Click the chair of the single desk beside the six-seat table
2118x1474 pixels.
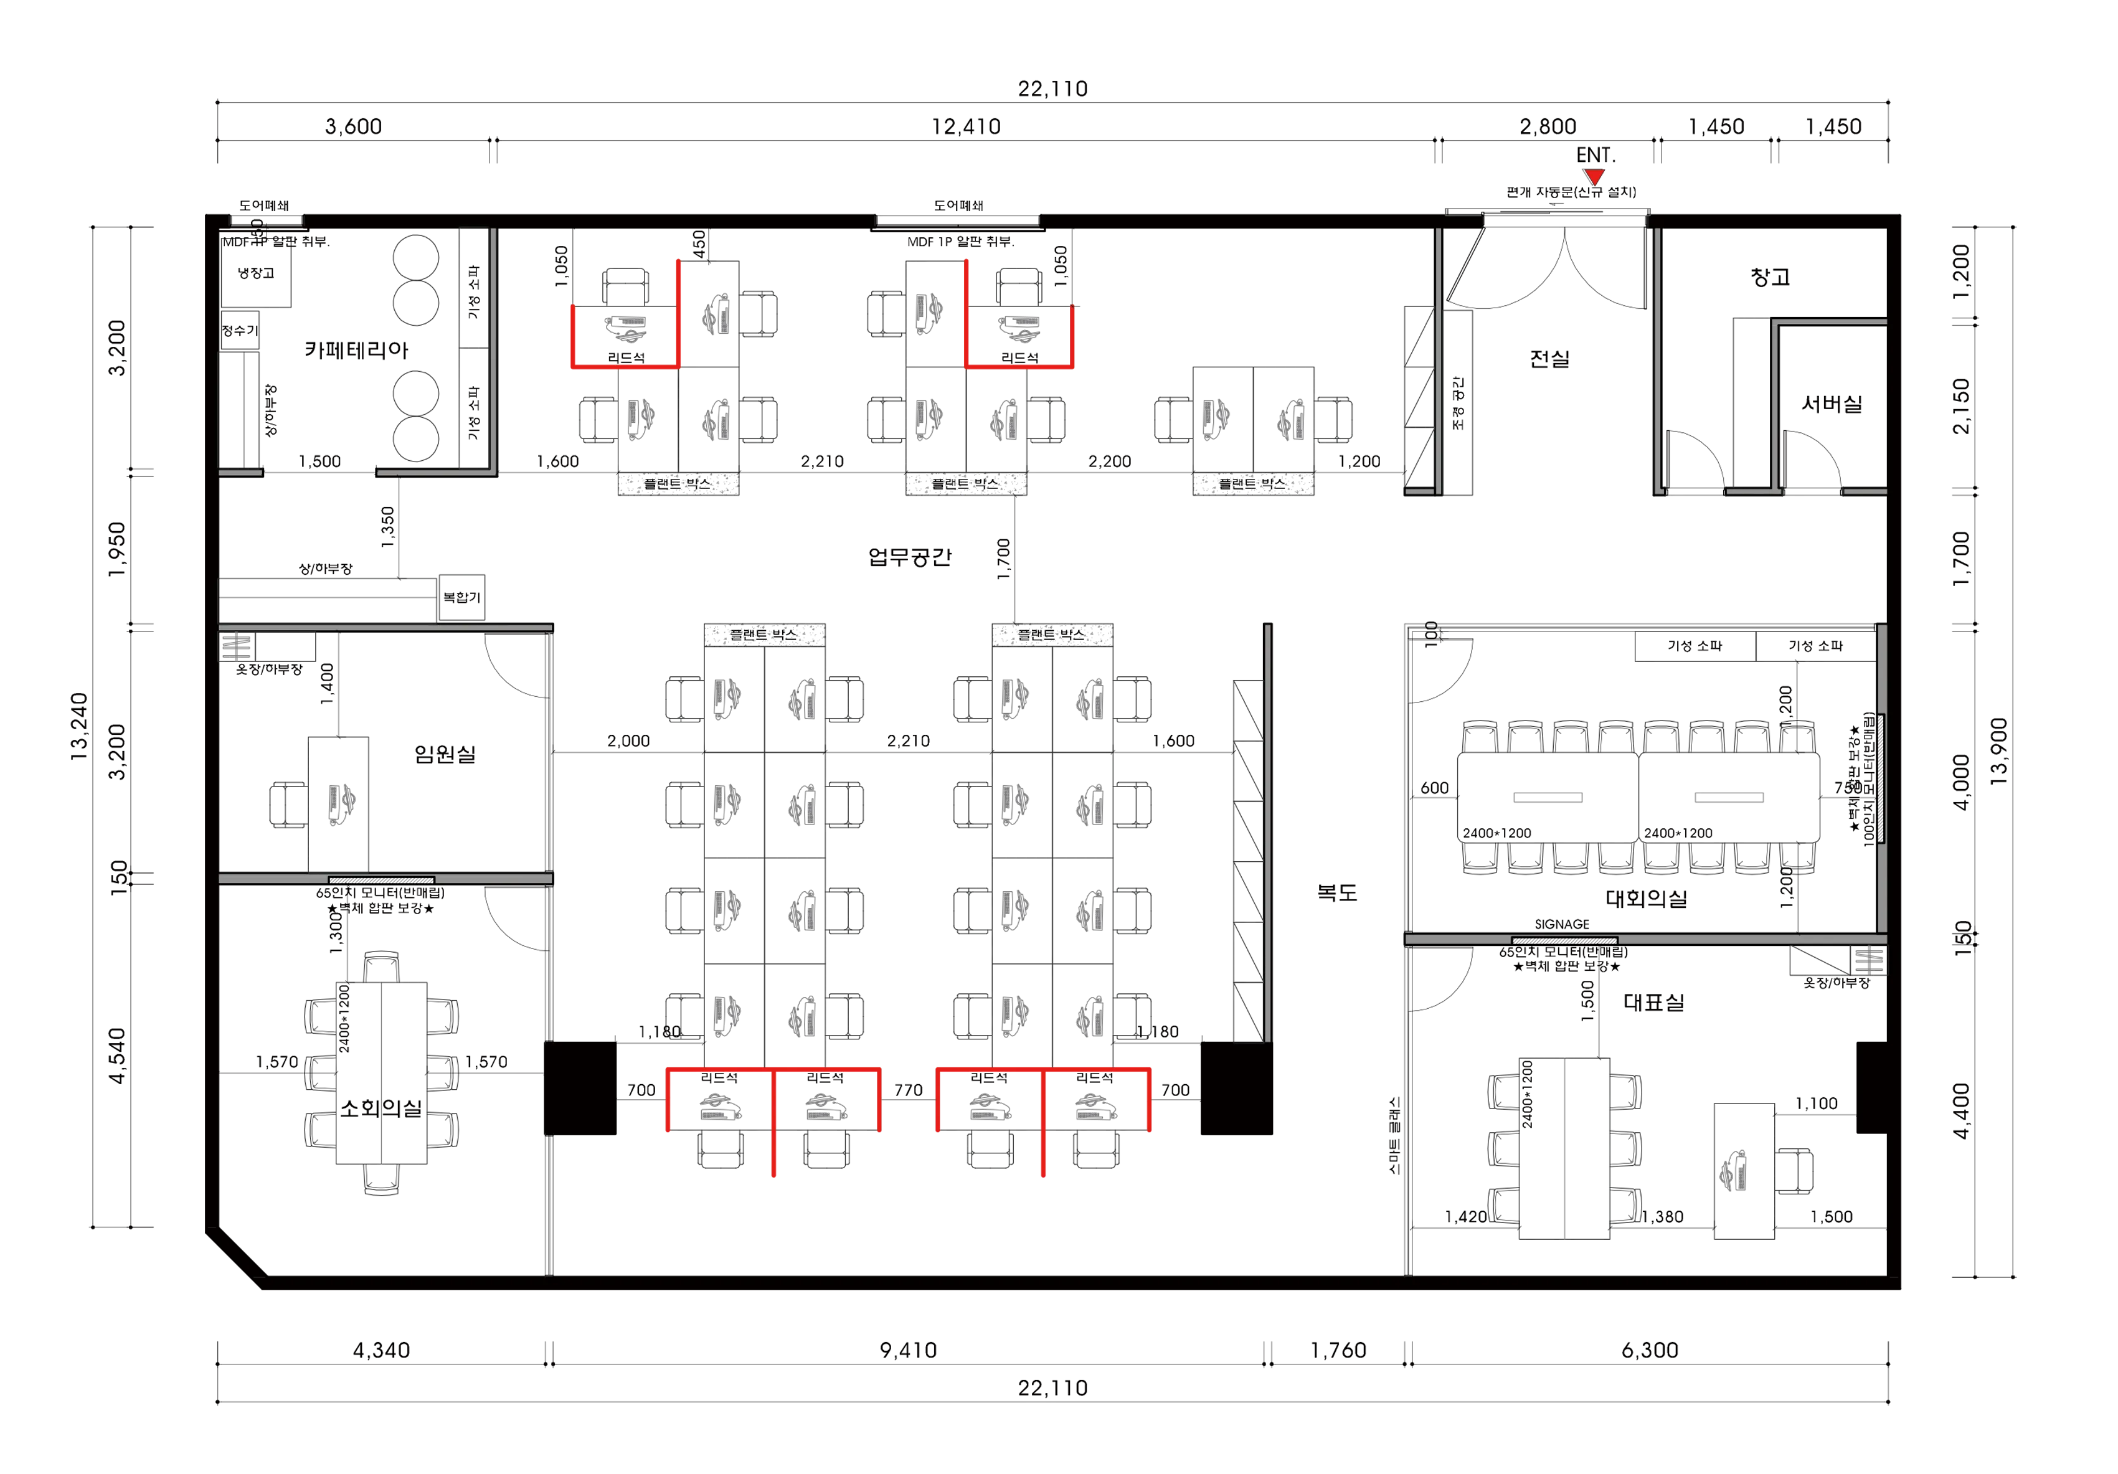pyautogui.click(x=1797, y=1169)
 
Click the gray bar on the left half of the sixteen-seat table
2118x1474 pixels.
pyautogui.click(x=1546, y=800)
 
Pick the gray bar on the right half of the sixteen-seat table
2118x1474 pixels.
pyautogui.click(x=1731, y=800)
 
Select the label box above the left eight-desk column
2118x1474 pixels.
pyautogui.click(x=764, y=635)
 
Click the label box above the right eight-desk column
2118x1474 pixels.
pyautogui.click(x=1052, y=635)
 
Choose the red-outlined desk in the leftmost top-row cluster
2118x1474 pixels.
pyautogui.click(x=625, y=328)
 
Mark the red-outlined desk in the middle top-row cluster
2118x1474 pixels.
pyautogui.click(x=1018, y=328)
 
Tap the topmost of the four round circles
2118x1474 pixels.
pyautogui.click(x=415, y=255)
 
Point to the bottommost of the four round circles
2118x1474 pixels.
pyautogui.click(x=415, y=440)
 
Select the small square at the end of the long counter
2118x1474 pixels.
pyautogui.click(x=460, y=598)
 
